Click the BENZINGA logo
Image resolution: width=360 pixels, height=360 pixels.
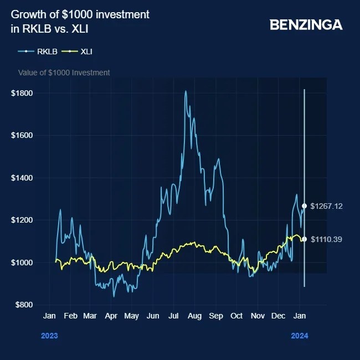click(306, 25)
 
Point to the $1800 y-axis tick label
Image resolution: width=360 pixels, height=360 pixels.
click(22, 93)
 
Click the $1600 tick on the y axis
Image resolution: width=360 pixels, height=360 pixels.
click(22, 135)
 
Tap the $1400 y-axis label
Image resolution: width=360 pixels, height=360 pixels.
click(22, 178)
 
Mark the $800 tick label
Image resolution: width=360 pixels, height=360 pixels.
click(23, 305)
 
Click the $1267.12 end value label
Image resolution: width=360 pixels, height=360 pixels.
click(326, 206)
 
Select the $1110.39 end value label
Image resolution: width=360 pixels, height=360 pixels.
click(326, 239)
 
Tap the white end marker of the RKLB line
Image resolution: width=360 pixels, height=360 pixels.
click(304, 206)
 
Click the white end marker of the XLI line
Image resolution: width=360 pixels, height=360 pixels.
click(304, 239)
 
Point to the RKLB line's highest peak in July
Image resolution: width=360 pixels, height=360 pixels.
click(186, 91)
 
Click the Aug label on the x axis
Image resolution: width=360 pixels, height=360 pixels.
click(194, 316)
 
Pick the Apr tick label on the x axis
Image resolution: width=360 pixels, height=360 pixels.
click(111, 316)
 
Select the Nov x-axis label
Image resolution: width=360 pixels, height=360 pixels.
click(258, 316)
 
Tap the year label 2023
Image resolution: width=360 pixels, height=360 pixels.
click(49, 336)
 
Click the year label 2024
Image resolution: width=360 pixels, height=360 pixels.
click(300, 336)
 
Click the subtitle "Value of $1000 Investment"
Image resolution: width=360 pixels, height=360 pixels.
click(64, 73)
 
